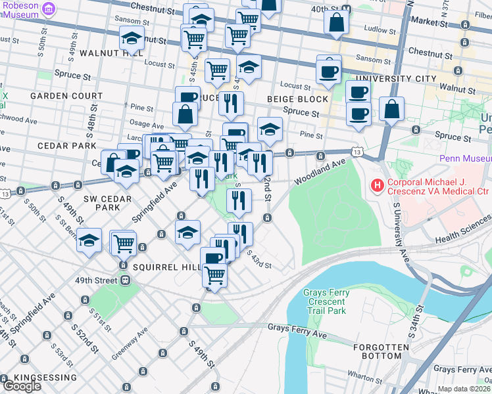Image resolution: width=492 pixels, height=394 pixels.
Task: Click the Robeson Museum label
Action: pos(20,9)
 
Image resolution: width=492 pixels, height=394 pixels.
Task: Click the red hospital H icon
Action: pos(377,186)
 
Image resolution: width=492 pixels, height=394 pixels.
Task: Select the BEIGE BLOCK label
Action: pos(297,99)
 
